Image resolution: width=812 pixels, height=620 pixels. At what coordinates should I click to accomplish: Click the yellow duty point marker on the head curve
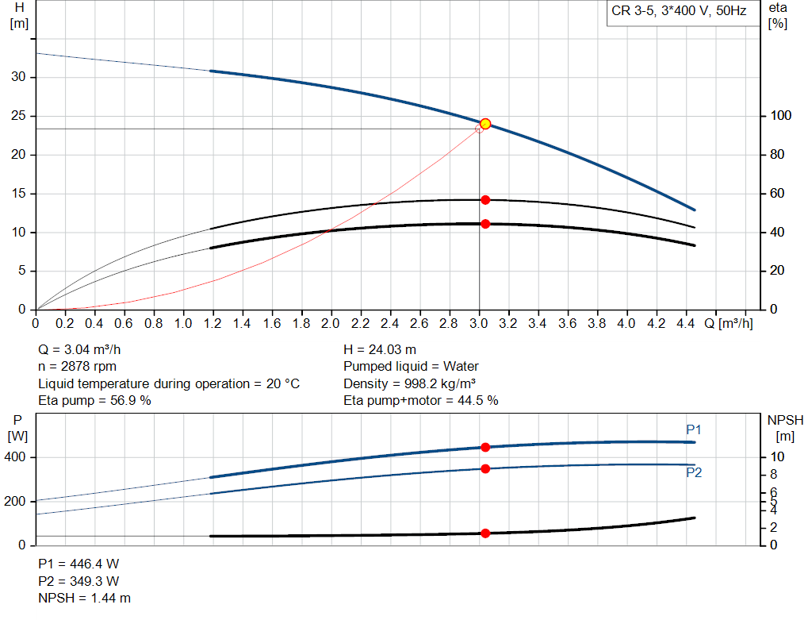485,124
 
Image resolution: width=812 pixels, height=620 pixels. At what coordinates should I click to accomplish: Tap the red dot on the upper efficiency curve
485,199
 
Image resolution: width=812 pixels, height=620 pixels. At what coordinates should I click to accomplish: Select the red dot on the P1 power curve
485,448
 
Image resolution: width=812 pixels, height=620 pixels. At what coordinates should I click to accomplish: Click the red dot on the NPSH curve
485,533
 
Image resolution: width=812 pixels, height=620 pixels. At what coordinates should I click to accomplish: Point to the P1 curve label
694,429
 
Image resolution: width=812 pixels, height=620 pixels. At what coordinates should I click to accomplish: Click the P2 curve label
694,472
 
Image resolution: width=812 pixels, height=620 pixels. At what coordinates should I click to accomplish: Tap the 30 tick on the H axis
19,77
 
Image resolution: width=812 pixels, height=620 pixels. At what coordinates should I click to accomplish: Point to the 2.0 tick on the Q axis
331,324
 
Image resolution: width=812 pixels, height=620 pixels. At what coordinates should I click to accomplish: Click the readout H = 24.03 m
380,349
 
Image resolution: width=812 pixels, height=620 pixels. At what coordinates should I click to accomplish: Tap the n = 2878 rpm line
78,367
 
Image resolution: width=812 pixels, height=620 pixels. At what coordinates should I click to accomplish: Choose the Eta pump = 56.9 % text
94,401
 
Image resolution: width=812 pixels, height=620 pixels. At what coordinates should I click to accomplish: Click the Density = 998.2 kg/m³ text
409,383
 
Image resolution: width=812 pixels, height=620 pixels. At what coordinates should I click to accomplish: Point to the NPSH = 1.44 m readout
85,598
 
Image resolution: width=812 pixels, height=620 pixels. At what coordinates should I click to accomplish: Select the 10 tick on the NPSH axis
778,457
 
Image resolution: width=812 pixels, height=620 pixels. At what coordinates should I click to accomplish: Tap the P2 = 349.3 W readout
79,580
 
